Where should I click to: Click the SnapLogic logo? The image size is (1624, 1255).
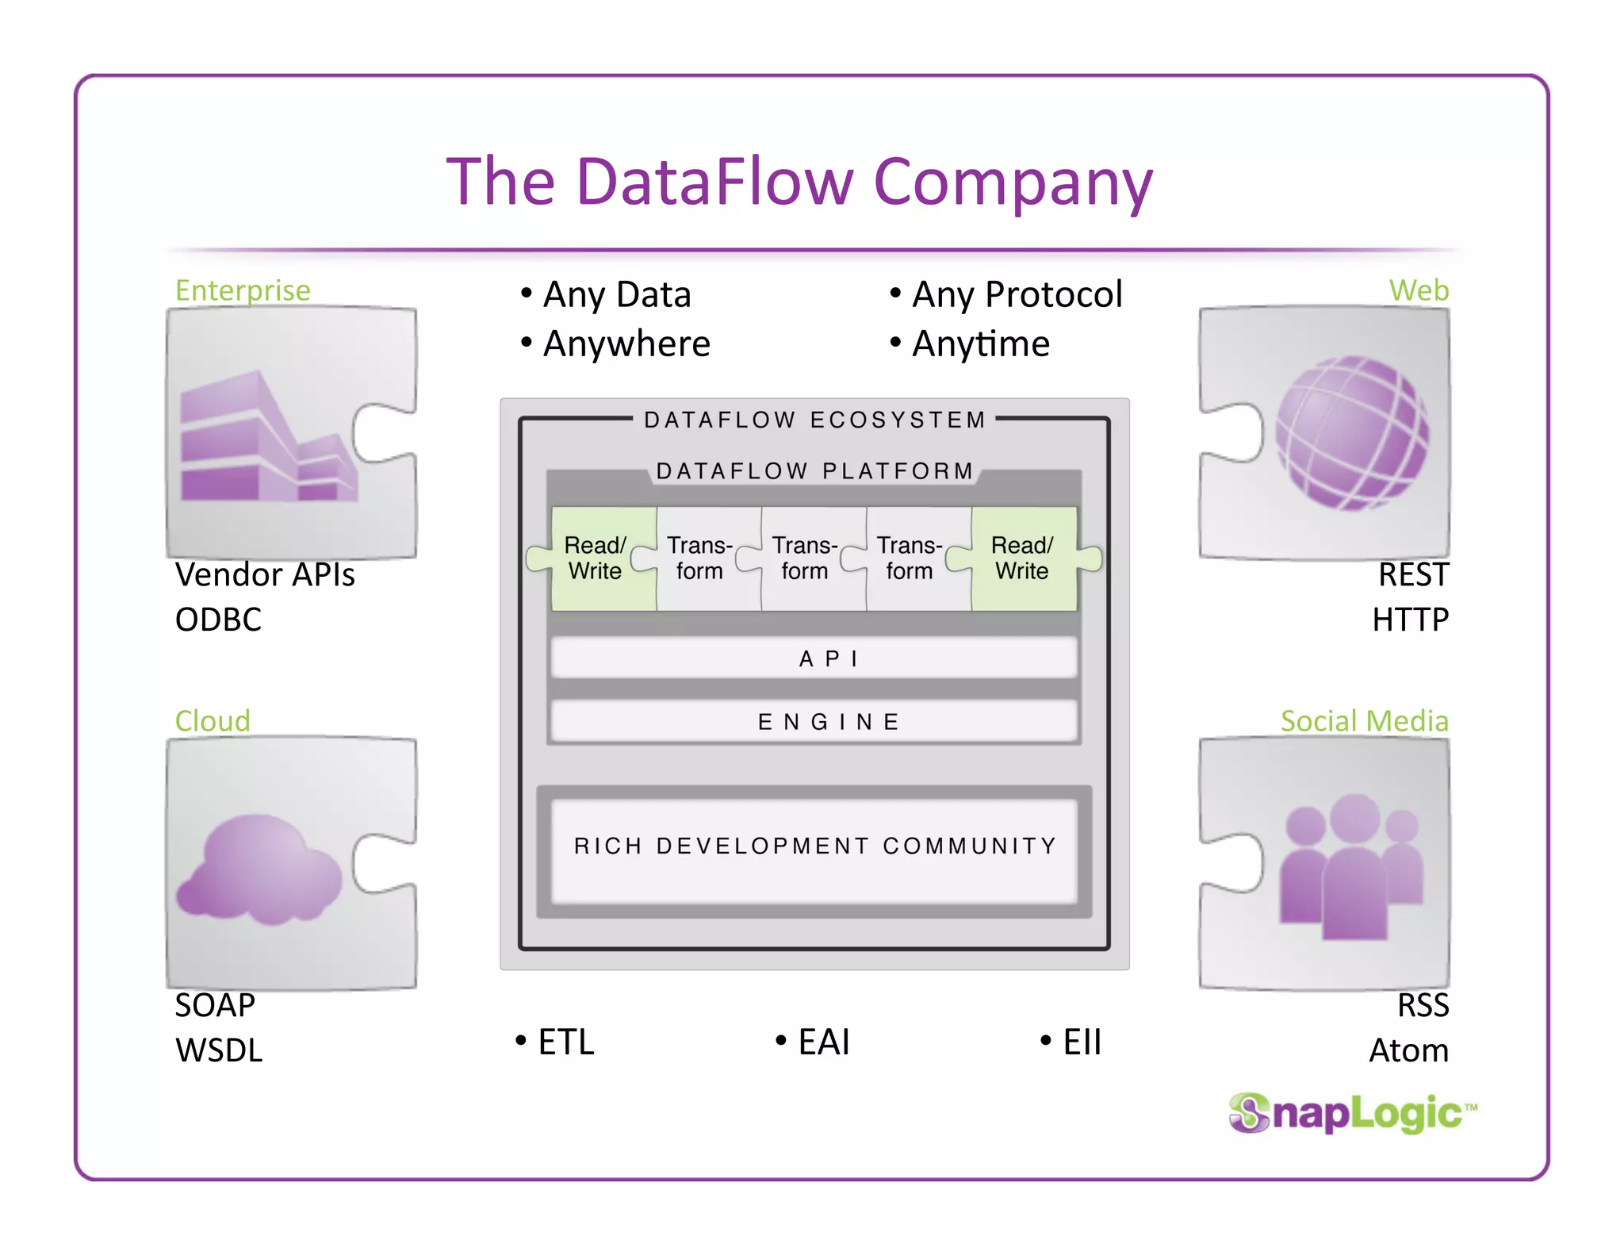(x=1352, y=1112)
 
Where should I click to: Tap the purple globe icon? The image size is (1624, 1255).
(x=1351, y=433)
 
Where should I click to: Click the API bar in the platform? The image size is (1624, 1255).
(x=814, y=658)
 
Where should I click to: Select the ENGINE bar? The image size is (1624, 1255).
(x=814, y=721)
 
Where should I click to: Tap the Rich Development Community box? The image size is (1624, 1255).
(x=814, y=846)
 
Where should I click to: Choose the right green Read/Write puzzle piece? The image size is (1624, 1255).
(x=1023, y=558)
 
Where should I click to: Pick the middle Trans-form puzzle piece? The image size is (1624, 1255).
(x=806, y=558)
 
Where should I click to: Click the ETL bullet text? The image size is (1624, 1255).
(x=565, y=1042)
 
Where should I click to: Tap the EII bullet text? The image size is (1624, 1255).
(x=1082, y=1042)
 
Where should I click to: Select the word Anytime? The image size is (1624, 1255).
(x=981, y=344)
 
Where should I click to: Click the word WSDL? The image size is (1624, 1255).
(x=219, y=1050)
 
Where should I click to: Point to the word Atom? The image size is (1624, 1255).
(x=1408, y=1050)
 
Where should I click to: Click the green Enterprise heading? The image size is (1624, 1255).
(x=243, y=290)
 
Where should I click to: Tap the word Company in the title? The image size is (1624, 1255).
(x=1013, y=182)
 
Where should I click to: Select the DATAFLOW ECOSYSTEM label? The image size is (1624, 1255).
(x=814, y=420)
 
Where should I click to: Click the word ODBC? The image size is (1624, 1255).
(x=218, y=620)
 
